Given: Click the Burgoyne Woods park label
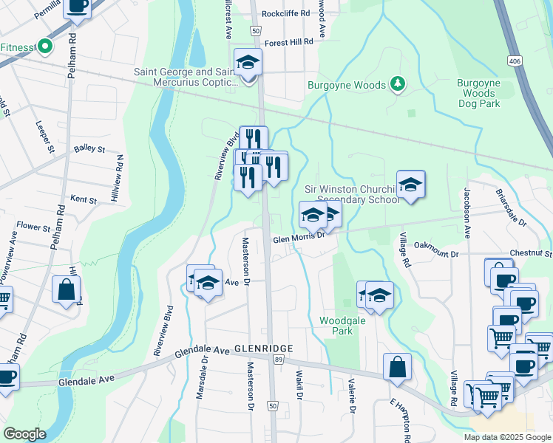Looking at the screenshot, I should point(346,86).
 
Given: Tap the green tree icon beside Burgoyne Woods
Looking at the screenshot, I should point(398,83).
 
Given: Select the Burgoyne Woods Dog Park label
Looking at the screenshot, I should point(478,93).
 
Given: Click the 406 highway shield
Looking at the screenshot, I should point(515,59).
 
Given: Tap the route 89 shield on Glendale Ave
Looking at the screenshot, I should point(278,359).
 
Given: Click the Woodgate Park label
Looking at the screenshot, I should point(336,326).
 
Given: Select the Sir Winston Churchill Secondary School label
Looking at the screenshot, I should point(352,194).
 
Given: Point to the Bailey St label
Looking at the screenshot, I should point(89,149).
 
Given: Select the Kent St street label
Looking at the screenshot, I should point(83,200).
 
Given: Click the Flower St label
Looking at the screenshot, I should point(32,226).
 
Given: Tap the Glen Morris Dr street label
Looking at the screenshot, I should point(299,238).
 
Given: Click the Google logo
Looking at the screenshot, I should point(25,434).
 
